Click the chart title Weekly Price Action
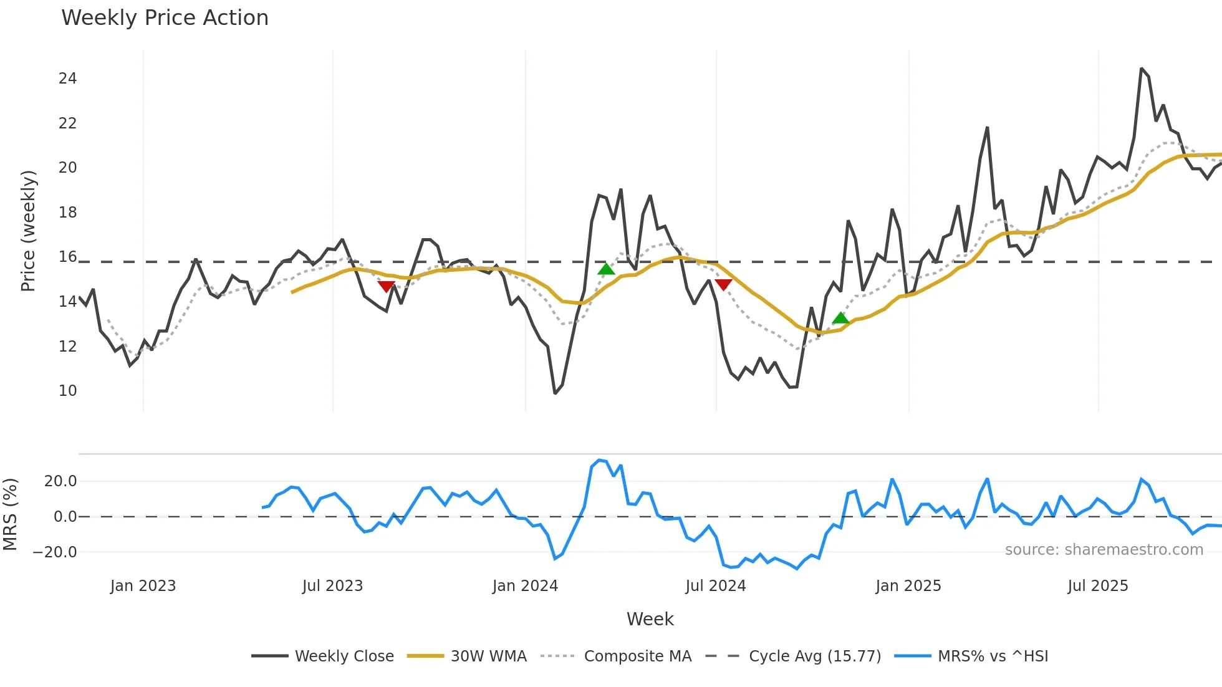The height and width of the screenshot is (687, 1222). pyautogui.click(x=165, y=18)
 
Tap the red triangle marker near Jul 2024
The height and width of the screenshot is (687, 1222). pyautogui.click(x=723, y=284)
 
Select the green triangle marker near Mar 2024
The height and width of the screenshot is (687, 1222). pyautogui.click(x=606, y=269)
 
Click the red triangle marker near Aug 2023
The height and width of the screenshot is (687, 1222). pyautogui.click(x=387, y=286)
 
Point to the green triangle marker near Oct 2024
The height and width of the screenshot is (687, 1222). pyautogui.click(x=840, y=319)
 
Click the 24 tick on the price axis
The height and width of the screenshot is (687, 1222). pyautogui.click(x=67, y=79)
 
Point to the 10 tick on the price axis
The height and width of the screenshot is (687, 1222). pyautogui.click(x=67, y=391)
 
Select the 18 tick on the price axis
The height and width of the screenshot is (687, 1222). pyautogui.click(x=67, y=213)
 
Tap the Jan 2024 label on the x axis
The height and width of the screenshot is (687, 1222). pyautogui.click(x=525, y=586)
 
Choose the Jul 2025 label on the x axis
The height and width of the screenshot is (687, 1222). pyautogui.click(x=1097, y=586)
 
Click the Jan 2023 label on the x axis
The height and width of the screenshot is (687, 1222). pyautogui.click(x=143, y=586)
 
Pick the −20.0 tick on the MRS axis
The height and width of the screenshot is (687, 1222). pyautogui.click(x=55, y=552)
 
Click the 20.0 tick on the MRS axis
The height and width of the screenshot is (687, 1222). pyautogui.click(x=60, y=481)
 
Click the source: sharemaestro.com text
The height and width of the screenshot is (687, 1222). pyautogui.click(x=1104, y=550)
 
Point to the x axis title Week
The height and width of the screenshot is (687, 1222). pyautogui.click(x=650, y=619)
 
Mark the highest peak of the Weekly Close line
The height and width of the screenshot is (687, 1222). pyautogui.click(x=1142, y=69)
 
